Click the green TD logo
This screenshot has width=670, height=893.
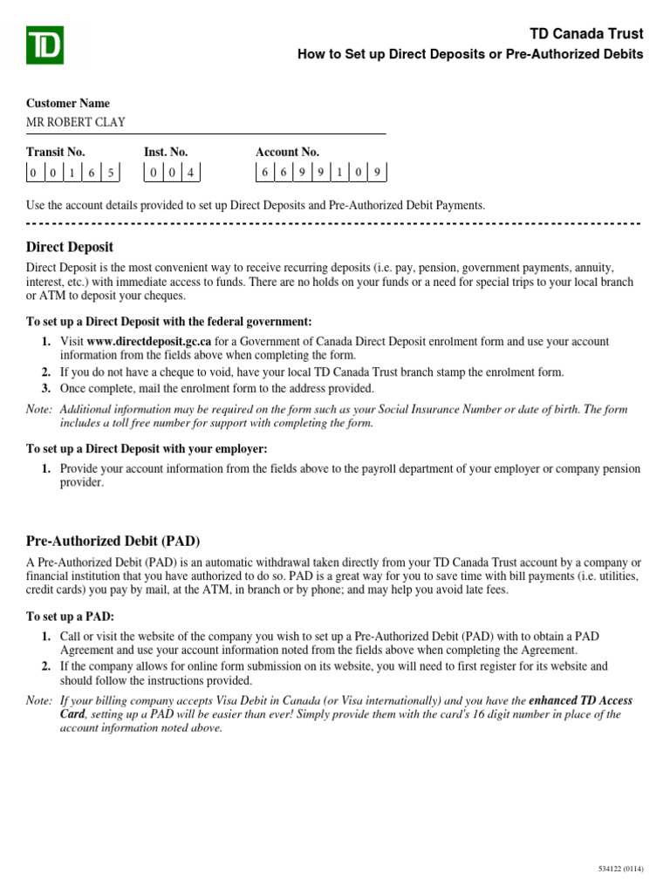coord(44,44)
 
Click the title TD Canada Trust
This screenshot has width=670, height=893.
coord(586,34)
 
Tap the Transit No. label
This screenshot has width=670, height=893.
coord(55,152)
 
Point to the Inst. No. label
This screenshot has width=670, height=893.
coord(166,152)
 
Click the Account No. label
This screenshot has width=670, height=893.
coord(287,152)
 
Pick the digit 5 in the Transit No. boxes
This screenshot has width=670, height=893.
coord(110,173)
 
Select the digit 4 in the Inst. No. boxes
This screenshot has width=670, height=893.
coord(190,173)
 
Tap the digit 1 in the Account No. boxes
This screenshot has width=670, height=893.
coord(339,173)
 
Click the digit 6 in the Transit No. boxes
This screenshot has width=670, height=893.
coord(91,173)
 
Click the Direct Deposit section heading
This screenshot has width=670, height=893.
coord(70,247)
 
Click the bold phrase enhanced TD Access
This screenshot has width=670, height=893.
coord(581,700)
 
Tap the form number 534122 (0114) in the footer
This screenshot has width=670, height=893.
coord(620,869)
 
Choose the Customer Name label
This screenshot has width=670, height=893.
coord(68,103)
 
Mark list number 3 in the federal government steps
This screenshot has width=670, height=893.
coord(45,388)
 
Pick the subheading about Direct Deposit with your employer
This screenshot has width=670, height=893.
coord(147,448)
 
